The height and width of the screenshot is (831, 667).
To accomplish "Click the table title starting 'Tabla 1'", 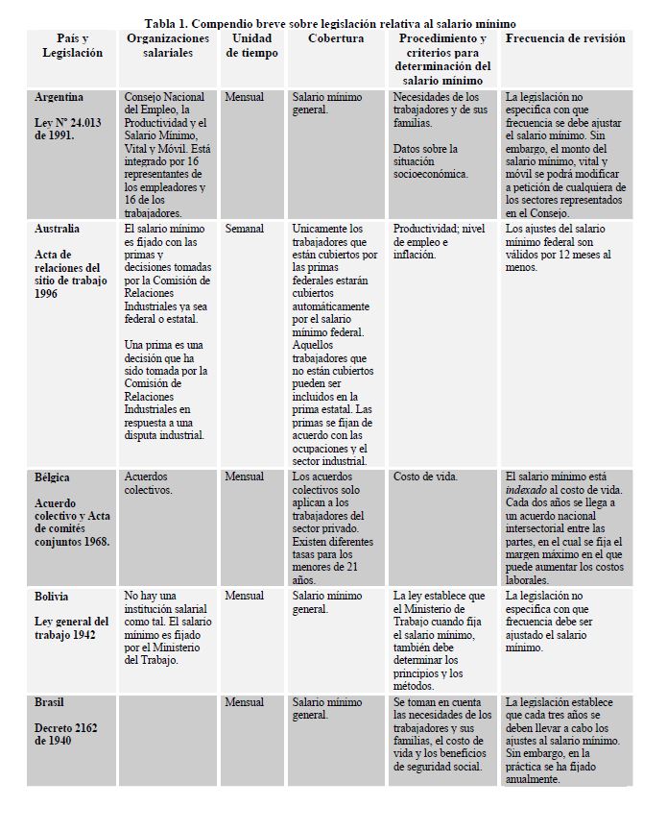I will pyautogui.click(x=330, y=23).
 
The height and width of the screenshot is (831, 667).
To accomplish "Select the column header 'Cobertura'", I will pyautogui.click(x=336, y=38).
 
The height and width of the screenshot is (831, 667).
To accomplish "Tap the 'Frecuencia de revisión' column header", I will pyautogui.click(x=565, y=38).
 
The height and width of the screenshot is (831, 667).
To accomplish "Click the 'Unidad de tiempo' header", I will pyautogui.click(x=252, y=46).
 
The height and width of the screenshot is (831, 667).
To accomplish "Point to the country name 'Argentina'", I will pyautogui.click(x=59, y=97).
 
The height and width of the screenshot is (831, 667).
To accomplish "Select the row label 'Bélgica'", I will pyautogui.click(x=52, y=477).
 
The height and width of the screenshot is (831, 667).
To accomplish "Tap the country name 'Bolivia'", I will pyautogui.click(x=52, y=596).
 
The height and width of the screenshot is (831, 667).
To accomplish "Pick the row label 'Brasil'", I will pyautogui.click(x=50, y=702).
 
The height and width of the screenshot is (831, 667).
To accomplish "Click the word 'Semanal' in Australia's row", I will pyautogui.click(x=245, y=229).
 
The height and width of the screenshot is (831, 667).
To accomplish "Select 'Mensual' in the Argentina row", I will pyautogui.click(x=245, y=97).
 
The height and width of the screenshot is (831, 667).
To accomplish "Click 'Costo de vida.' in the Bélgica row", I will pyautogui.click(x=426, y=477).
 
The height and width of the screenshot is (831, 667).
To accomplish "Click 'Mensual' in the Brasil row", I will pyautogui.click(x=245, y=702).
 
